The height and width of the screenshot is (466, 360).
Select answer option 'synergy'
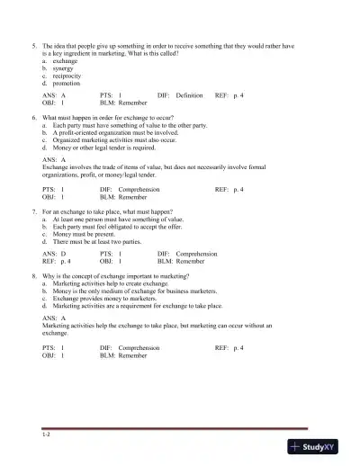coord(63,67)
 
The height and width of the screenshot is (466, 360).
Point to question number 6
coord(33,117)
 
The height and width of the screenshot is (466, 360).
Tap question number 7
coord(33,210)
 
